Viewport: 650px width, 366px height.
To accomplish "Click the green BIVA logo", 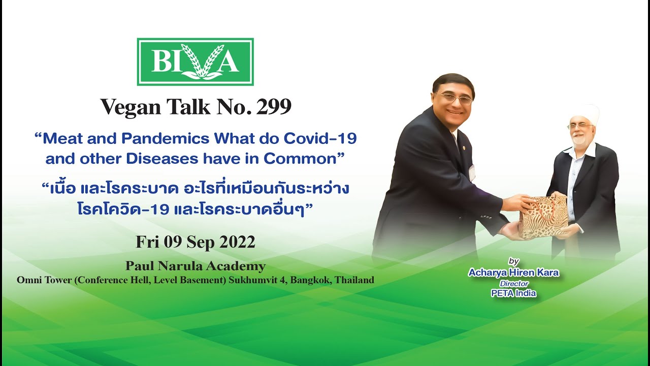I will (195, 62).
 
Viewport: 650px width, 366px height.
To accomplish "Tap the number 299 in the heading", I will (274, 107).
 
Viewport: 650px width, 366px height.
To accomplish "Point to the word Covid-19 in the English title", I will (320, 138).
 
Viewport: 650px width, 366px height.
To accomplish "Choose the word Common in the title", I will (300, 159).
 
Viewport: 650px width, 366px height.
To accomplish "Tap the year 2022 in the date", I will (237, 242).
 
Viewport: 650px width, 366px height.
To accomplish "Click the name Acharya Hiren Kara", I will (513, 272).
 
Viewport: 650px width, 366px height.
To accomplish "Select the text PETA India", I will (513, 293).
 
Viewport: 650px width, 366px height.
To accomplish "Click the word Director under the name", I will (514, 283).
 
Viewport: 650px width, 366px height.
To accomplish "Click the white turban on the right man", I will (584, 113).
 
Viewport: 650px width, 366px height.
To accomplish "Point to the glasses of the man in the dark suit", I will (454, 98).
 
